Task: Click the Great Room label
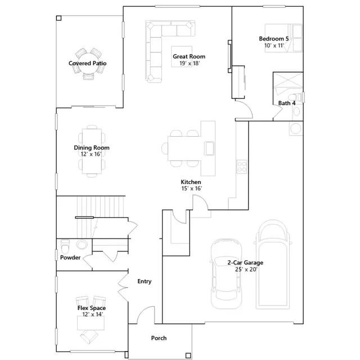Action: coord(189,56)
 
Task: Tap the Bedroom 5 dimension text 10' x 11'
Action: coord(274,46)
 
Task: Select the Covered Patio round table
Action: coord(88,64)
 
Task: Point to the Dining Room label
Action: coord(92,147)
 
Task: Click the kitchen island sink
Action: coord(209,148)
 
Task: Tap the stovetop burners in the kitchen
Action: coord(242,166)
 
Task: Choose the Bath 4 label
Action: coord(287,103)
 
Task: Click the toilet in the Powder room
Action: coord(65,246)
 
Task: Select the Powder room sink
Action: coord(82,245)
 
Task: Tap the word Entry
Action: coord(145,281)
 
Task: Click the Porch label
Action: coord(159,338)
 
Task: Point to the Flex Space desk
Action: coord(91,323)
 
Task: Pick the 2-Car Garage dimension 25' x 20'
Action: coord(246,269)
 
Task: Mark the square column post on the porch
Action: coord(188,355)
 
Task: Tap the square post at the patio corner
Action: coord(58,18)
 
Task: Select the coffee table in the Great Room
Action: coord(182,56)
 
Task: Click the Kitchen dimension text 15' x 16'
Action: coord(192,188)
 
